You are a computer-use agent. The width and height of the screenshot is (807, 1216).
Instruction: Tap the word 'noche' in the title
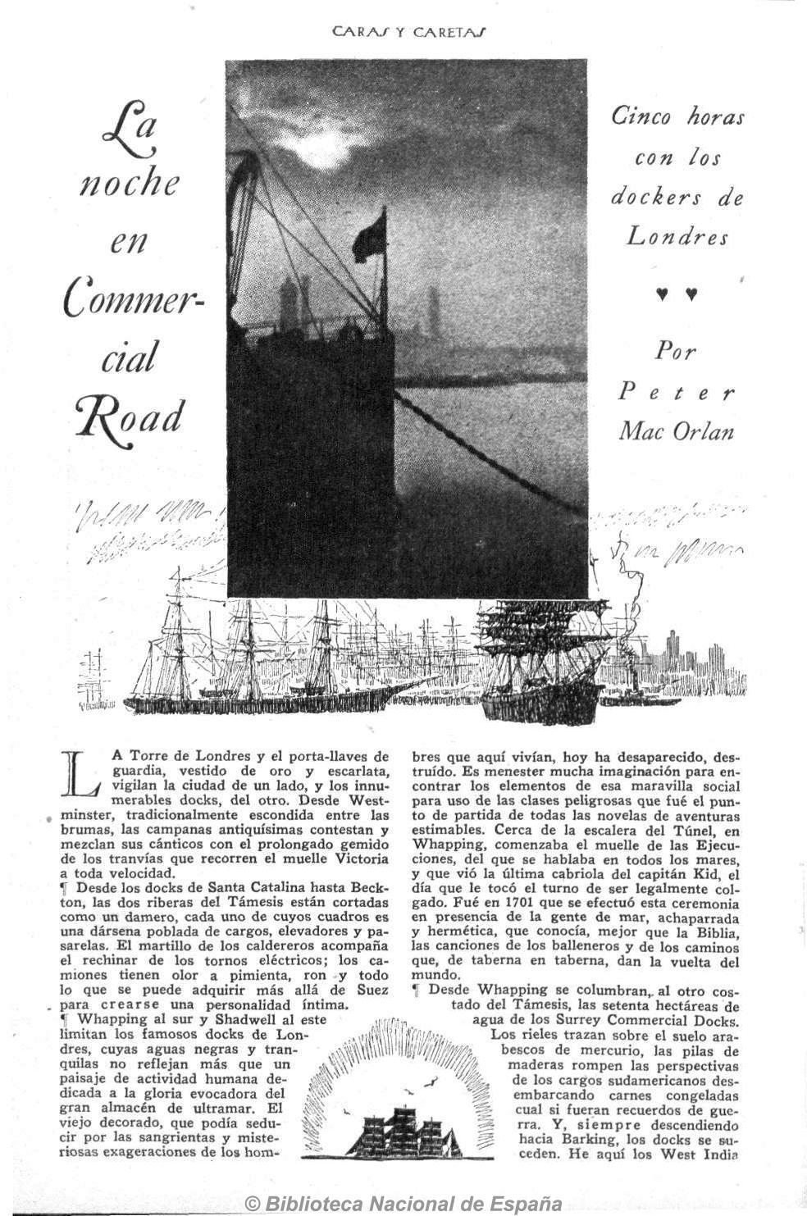[x=129, y=182]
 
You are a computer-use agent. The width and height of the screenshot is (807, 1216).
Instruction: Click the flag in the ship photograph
[x=370, y=235]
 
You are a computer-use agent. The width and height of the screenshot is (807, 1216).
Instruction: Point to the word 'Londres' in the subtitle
[x=677, y=237]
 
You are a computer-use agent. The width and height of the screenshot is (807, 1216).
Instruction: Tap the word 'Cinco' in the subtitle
[x=641, y=116]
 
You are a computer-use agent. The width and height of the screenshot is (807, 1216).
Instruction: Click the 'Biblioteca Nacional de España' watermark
[x=404, y=1204]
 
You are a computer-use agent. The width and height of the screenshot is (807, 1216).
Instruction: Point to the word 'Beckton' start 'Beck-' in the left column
[x=369, y=888]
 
